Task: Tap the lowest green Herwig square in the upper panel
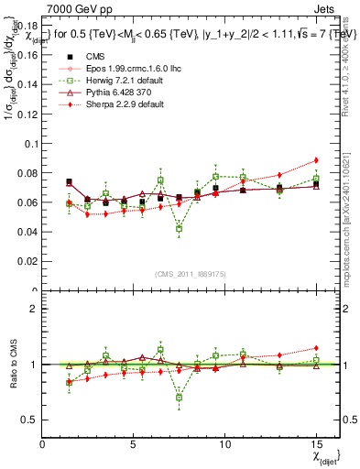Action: click(x=179, y=229)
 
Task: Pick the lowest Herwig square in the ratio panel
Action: click(x=179, y=398)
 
